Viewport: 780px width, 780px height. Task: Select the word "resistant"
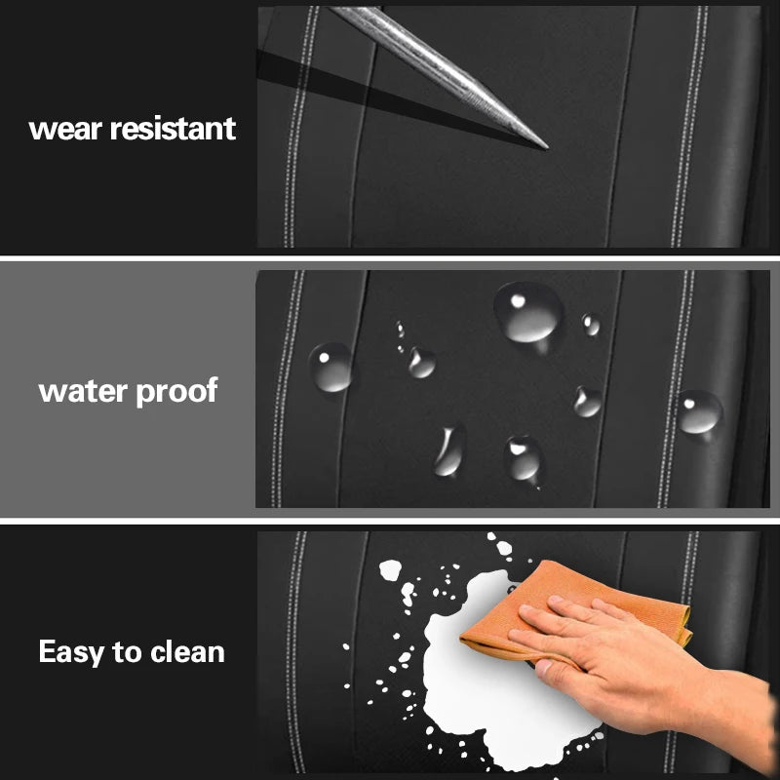(x=173, y=129)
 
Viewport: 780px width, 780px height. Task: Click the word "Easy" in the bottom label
(x=67, y=652)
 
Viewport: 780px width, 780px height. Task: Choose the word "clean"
(x=186, y=652)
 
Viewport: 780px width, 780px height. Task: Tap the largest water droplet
(x=528, y=309)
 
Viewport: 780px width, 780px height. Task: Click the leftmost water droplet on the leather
(x=331, y=368)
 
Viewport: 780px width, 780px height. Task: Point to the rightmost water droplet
(x=699, y=411)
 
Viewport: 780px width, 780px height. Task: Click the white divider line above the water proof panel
(x=390, y=259)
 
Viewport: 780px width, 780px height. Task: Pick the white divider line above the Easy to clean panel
(x=390, y=522)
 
